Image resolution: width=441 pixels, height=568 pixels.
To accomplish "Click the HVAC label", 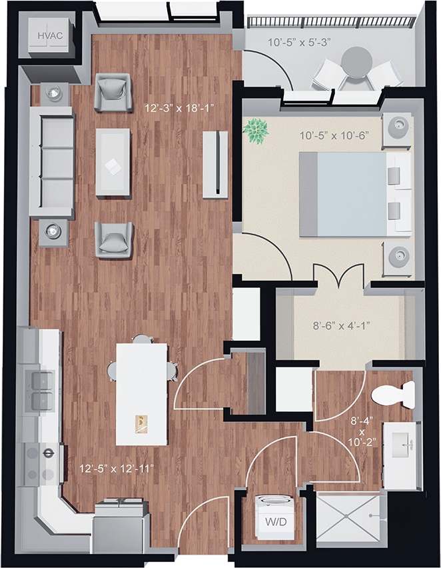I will [x=50, y=35].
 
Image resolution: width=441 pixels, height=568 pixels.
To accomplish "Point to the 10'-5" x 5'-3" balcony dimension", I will [x=299, y=43].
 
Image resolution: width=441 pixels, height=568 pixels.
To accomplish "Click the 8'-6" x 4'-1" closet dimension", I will [x=342, y=327].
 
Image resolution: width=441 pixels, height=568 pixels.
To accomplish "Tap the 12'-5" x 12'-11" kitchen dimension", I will [x=117, y=469].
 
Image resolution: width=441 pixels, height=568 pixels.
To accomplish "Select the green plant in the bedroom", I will [x=256, y=130].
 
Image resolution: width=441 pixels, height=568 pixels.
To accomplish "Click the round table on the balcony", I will [x=358, y=63].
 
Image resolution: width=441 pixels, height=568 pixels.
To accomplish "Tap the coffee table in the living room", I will [x=113, y=162].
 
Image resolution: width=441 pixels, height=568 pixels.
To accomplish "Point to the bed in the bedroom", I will [x=350, y=193].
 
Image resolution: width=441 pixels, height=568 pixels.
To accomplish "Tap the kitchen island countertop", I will [x=141, y=393].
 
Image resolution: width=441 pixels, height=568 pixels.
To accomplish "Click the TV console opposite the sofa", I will [x=215, y=163].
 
